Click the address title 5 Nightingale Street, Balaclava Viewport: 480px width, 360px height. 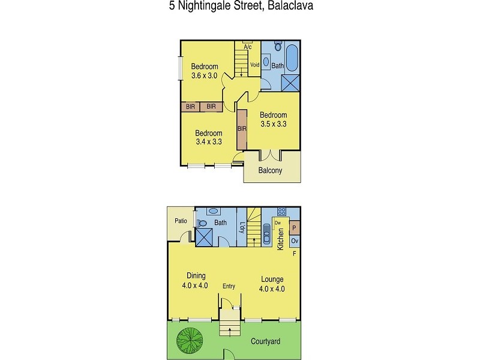[239, 7]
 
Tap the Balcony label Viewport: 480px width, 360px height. [271, 170]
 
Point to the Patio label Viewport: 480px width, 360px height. [181, 221]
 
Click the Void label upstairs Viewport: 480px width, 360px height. [254, 64]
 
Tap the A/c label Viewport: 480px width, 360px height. [247, 46]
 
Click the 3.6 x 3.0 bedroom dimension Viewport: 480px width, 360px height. [205, 76]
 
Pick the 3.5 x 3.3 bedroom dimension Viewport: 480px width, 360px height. [274, 125]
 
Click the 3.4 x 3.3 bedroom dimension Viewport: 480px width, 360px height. [209, 142]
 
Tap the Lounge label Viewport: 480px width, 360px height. [272, 280]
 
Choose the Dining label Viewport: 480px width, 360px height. [196, 276]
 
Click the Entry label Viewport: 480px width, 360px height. [229, 286]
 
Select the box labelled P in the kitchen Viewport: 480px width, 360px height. [295, 229]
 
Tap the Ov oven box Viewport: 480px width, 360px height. [295, 241]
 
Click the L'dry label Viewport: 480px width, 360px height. [242, 228]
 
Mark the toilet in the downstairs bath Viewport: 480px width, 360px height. [202, 223]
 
